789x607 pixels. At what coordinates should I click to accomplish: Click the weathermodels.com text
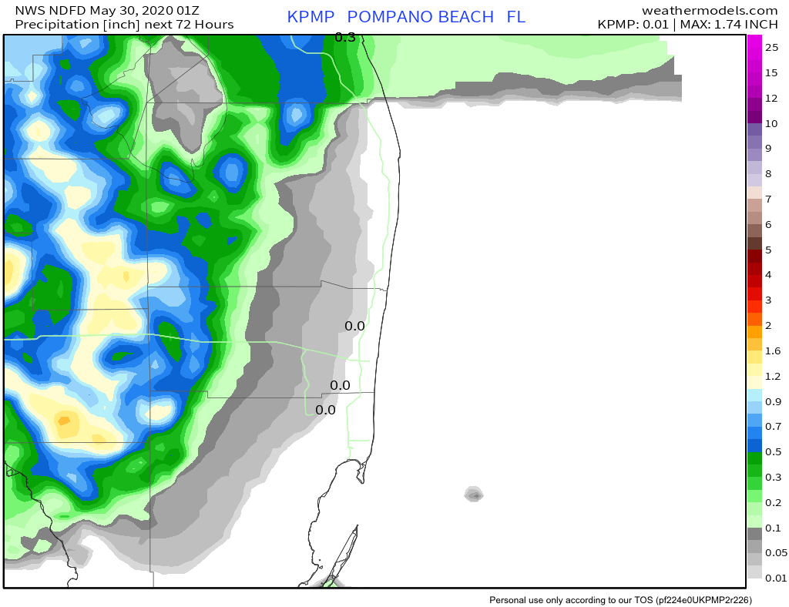point(709,10)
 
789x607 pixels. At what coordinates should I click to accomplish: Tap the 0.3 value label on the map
point(345,37)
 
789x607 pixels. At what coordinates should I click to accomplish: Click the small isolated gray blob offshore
point(474,495)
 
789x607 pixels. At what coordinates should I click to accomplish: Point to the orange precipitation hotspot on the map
point(64,421)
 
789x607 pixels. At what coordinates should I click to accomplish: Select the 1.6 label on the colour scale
point(772,350)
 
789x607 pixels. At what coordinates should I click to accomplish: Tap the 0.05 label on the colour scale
point(775,552)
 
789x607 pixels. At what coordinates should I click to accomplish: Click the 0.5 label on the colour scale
point(772,451)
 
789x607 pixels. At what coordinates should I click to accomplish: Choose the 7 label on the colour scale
point(768,200)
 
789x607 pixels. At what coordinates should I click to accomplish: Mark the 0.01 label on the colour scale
point(775,578)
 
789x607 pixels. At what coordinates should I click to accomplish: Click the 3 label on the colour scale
point(768,300)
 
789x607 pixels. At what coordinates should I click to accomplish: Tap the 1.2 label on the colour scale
point(772,376)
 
